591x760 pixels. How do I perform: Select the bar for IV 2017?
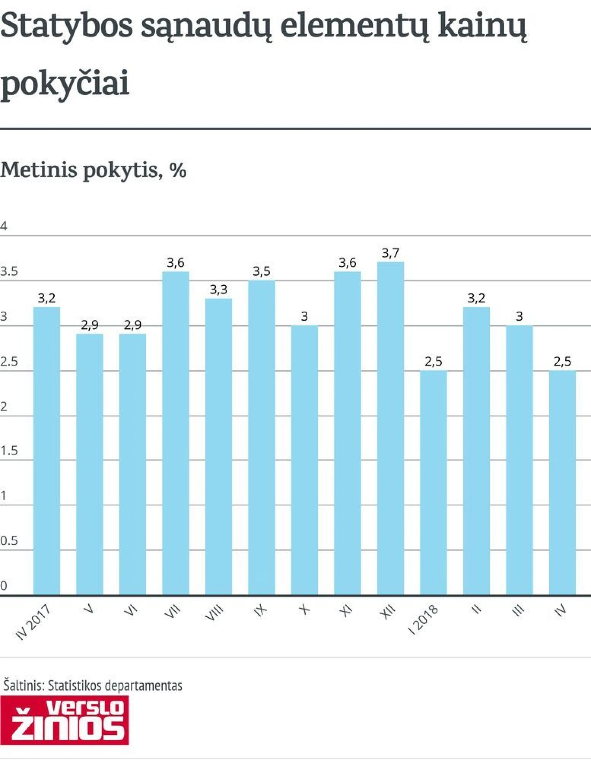(46, 451)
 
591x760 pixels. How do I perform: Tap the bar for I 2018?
(433, 483)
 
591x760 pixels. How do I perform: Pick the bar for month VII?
(175, 433)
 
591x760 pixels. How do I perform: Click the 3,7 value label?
(390, 253)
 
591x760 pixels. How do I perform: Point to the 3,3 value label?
(218, 290)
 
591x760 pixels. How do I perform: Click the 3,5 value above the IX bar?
(262, 271)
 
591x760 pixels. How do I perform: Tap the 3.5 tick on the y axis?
(9, 272)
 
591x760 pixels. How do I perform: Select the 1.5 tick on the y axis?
(9, 451)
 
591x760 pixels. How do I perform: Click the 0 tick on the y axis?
(4, 586)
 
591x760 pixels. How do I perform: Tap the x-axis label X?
(304, 610)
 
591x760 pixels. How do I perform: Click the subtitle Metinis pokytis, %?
(93, 170)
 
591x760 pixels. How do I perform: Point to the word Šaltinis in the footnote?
(24, 685)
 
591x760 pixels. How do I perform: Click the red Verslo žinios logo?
(65, 720)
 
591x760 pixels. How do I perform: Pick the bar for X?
(305, 460)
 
